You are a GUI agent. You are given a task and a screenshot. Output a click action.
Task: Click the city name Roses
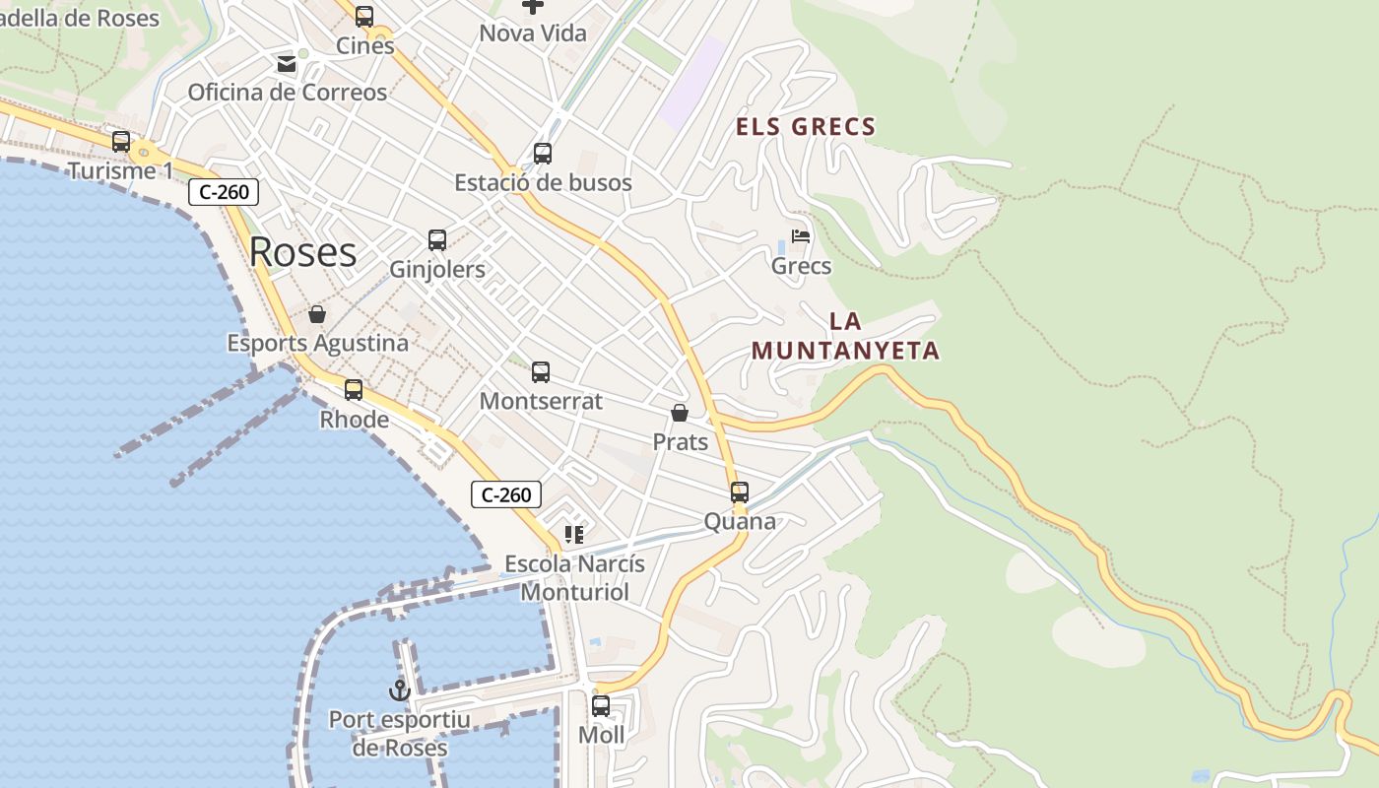click(x=302, y=252)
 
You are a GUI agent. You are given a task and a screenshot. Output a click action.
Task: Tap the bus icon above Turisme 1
click(x=121, y=142)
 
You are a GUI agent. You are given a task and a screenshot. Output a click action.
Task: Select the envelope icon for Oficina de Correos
click(x=287, y=64)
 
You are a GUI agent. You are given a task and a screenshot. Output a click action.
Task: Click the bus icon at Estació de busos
click(x=543, y=154)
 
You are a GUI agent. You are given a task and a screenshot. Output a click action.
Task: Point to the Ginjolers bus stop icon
click(x=437, y=240)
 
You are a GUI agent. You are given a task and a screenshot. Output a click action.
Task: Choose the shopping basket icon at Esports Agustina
click(x=317, y=314)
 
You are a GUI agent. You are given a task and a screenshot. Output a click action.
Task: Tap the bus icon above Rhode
click(x=354, y=390)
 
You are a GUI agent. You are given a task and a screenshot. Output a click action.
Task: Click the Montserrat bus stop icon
click(x=541, y=372)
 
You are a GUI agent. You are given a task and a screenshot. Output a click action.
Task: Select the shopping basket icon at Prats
click(x=680, y=413)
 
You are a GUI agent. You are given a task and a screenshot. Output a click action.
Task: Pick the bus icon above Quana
click(x=740, y=492)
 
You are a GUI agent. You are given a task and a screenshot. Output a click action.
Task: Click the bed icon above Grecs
click(x=801, y=236)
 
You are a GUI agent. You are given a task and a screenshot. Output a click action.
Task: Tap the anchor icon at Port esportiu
click(x=400, y=689)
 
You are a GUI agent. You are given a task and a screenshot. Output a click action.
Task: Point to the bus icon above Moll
click(x=601, y=706)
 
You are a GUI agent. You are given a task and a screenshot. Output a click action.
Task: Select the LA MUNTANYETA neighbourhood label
click(x=845, y=336)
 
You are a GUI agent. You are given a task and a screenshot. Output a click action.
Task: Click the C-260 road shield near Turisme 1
click(x=224, y=192)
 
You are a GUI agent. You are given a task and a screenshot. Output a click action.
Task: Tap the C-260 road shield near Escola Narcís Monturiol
click(x=506, y=494)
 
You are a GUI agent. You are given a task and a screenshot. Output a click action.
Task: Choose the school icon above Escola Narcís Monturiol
click(x=574, y=535)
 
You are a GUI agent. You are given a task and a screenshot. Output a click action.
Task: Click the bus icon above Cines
click(x=364, y=17)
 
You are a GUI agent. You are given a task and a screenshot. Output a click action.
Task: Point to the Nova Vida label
click(x=533, y=33)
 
